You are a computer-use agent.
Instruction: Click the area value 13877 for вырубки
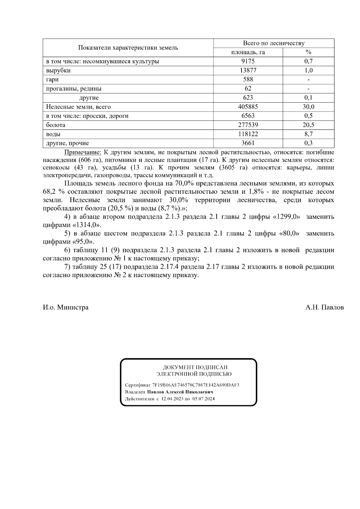(x=248, y=70)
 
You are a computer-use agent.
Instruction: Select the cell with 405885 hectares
(x=248, y=107)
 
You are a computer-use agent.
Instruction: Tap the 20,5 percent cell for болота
(x=308, y=125)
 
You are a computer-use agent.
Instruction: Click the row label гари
(x=52, y=79)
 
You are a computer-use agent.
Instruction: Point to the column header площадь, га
(x=248, y=52)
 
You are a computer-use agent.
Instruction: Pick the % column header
(x=308, y=52)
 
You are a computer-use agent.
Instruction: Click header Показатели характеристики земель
(x=128, y=48)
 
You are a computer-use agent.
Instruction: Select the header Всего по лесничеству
(x=274, y=43)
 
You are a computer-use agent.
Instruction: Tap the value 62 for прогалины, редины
(x=248, y=88)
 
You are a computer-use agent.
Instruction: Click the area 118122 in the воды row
(x=248, y=134)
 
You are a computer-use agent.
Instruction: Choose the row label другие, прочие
(x=67, y=143)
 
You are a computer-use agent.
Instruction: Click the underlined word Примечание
(x=83, y=152)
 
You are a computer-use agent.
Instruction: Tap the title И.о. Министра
(x=65, y=307)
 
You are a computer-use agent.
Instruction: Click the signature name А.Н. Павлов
(x=325, y=307)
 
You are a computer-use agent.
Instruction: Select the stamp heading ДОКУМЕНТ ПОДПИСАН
(x=195, y=367)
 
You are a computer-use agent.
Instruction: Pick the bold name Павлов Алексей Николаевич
(x=180, y=392)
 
